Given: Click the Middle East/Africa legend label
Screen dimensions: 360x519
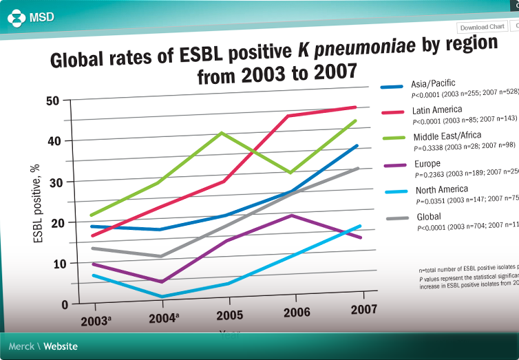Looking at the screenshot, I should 447,136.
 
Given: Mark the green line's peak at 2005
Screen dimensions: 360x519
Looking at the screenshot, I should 220,132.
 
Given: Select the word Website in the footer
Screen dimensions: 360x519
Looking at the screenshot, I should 61,346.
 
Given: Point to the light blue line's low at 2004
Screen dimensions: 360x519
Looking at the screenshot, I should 161,297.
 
